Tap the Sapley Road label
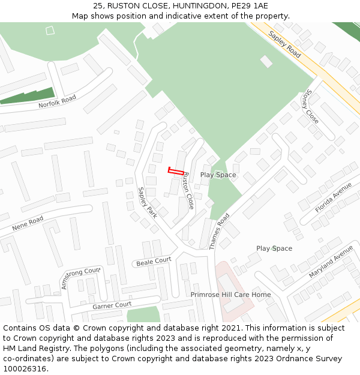(284, 44)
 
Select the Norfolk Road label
(58, 101)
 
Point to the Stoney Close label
(308, 107)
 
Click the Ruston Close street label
(188, 191)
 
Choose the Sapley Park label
(147, 202)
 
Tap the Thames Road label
(220, 232)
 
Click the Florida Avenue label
(334, 199)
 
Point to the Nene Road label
(28, 224)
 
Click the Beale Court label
(154, 262)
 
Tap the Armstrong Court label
(80, 278)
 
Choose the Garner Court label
(112, 305)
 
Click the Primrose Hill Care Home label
(230, 295)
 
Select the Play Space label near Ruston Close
(218, 175)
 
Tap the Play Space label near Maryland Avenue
(274, 248)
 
